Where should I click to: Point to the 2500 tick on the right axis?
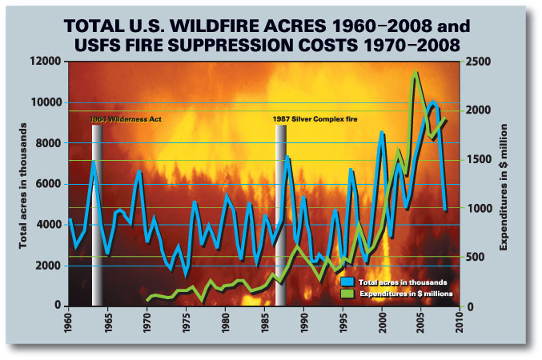[x=477, y=62]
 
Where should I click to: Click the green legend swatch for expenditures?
[x=347, y=294]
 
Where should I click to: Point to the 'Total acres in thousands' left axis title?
[x=23, y=184]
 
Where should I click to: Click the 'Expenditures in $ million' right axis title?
[x=505, y=184]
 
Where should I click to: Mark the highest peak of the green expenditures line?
[x=415, y=74]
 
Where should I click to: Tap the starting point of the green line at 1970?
[x=147, y=300]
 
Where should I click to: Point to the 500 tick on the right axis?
[x=474, y=257]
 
